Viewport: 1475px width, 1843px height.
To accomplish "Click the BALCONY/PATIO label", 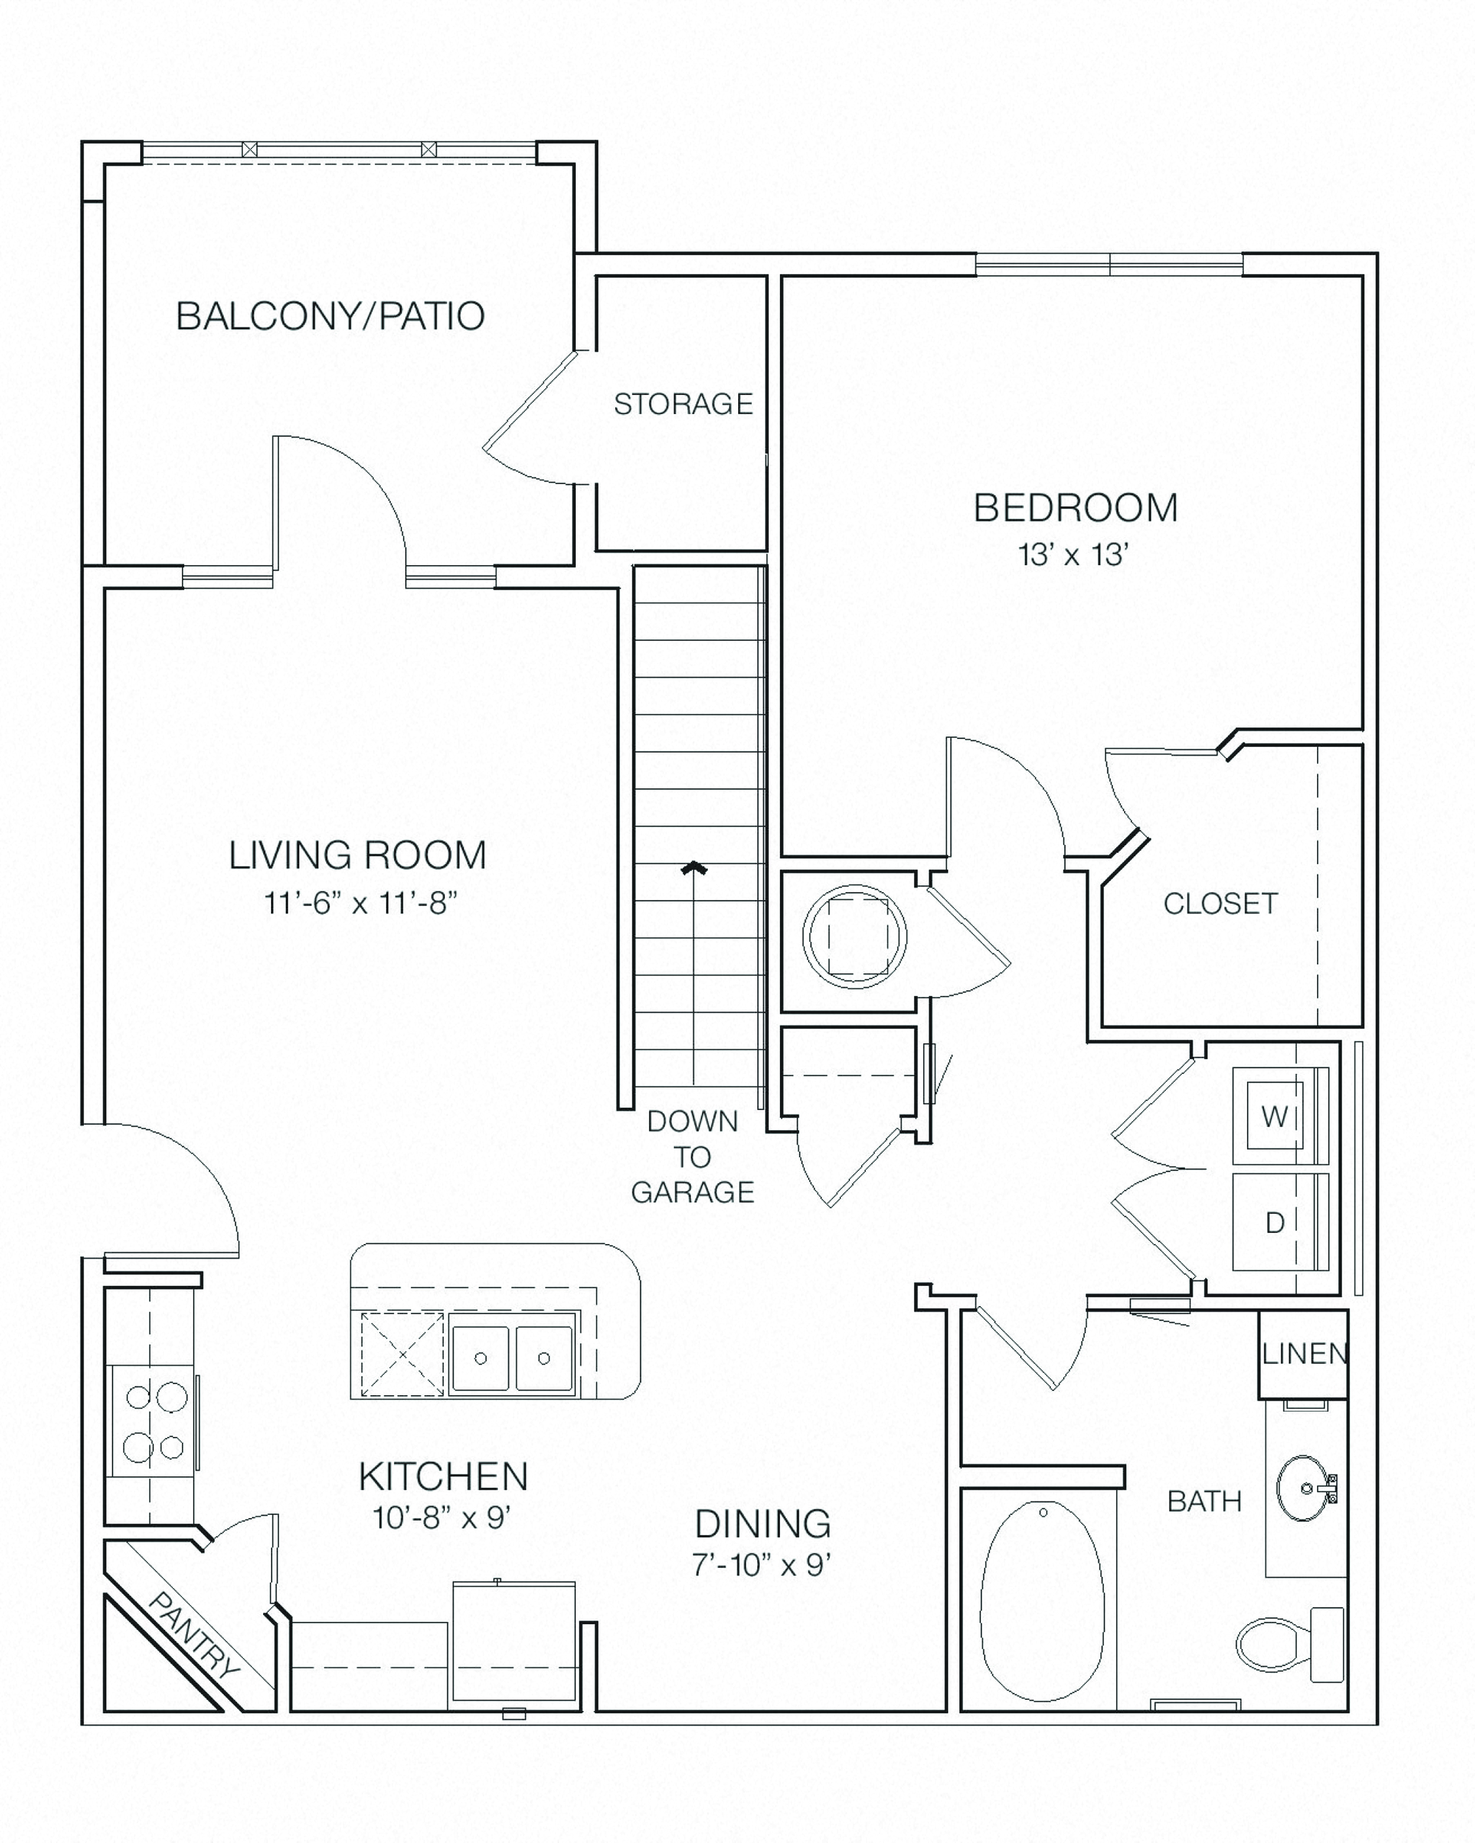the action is pos(330,316).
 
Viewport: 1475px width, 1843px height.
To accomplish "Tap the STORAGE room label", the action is pos(683,404).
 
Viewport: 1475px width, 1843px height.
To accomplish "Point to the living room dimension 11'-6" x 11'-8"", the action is pos(360,902).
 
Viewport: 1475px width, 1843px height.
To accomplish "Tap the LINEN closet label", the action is pos(1304,1353).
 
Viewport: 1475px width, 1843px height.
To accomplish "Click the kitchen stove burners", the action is pos(154,1422).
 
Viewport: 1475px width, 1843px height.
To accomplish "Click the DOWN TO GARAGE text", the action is pos(693,1157).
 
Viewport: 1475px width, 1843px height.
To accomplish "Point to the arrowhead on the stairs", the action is pos(693,869).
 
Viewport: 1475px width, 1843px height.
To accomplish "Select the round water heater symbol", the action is pos(854,937).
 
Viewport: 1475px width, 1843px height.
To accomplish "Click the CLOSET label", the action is pos(1220,904).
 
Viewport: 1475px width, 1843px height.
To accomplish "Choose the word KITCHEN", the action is pos(443,1476).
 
